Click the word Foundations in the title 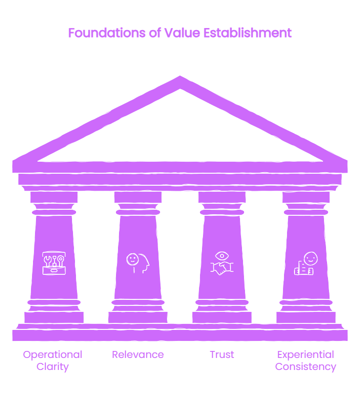coord(107,33)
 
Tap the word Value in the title coord(182,33)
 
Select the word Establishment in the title coord(247,33)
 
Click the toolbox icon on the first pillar coord(54,263)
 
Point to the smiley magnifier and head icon coord(137,263)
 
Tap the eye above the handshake coord(222,256)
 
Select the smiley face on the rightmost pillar coord(311,259)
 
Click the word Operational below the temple coord(52,355)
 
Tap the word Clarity coord(52,366)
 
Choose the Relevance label coord(137,354)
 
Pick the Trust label coord(222,354)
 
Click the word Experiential coord(306,355)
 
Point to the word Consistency coord(306,366)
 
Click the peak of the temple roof coord(180,76)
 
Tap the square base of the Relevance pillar coord(137,317)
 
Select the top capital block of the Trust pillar coord(222,197)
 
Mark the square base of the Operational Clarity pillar coord(54,317)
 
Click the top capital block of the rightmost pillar coord(306,197)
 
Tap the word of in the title coord(155,33)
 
